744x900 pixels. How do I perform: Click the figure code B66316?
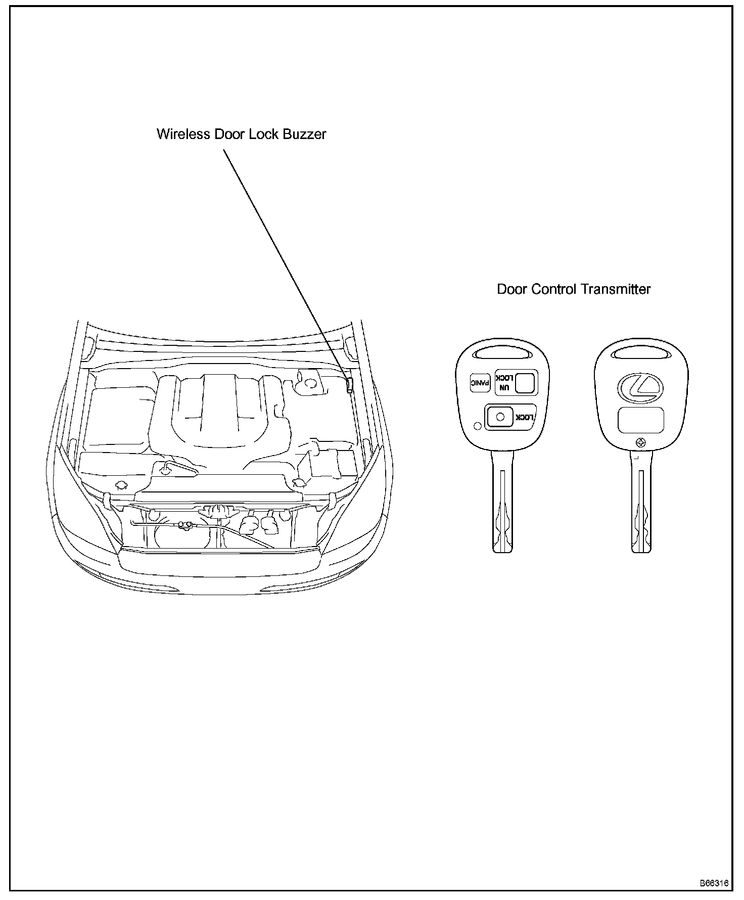[x=714, y=884]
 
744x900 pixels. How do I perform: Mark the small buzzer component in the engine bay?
[x=349, y=385]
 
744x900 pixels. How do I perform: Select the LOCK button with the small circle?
[x=500, y=417]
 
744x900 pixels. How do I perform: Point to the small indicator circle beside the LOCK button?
[x=477, y=426]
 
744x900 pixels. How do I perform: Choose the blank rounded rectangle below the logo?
[x=641, y=420]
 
